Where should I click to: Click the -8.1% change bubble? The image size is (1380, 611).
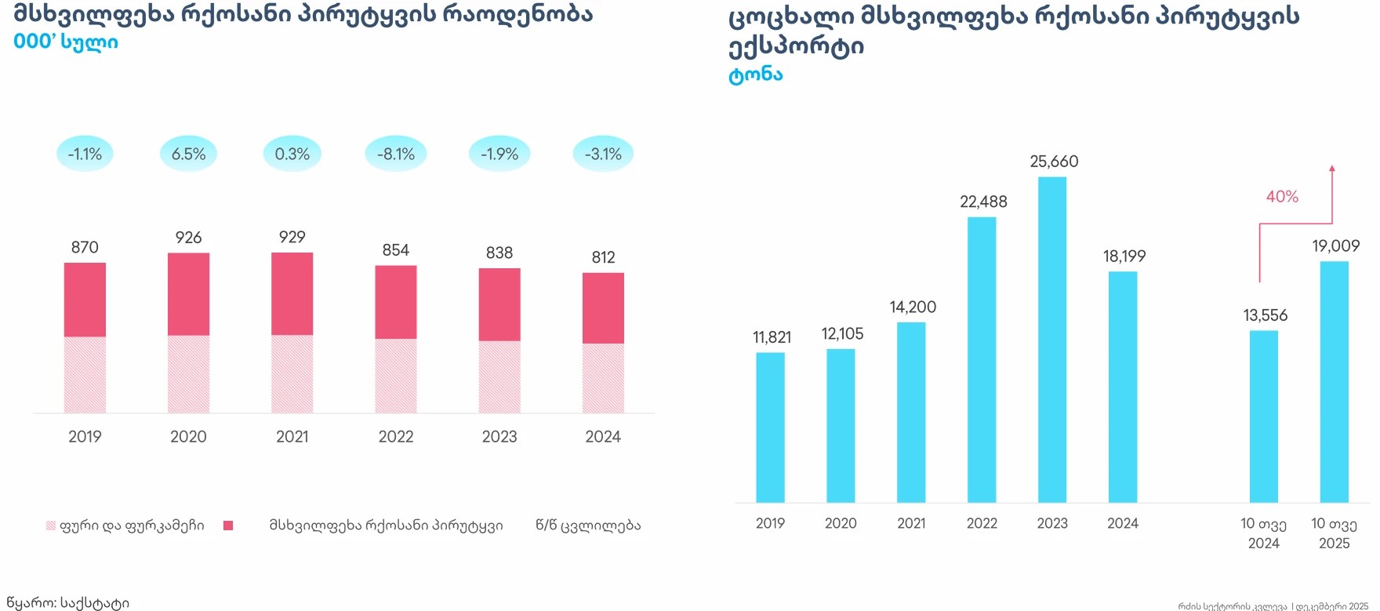click(396, 154)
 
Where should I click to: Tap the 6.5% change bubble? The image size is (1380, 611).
click(188, 154)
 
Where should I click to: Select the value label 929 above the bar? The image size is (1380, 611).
click(292, 237)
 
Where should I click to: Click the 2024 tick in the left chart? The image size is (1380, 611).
click(603, 437)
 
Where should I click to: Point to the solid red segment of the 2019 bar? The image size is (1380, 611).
click(85, 300)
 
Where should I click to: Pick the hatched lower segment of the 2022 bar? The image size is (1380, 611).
click(396, 376)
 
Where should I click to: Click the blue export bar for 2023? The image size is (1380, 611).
click(1052, 340)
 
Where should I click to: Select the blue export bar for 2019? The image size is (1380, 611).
click(770, 427)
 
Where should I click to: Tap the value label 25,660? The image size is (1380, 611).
click(1054, 162)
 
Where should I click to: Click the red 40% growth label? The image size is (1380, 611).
click(1282, 197)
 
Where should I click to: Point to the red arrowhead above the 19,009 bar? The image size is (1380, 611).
click(1331, 168)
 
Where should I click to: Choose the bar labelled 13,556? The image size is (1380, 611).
click(1263, 416)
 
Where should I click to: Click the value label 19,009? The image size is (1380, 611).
click(1335, 246)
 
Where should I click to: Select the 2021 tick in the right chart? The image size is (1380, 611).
click(911, 523)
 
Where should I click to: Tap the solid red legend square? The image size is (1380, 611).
click(228, 526)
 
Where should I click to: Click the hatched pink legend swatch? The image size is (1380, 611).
click(51, 526)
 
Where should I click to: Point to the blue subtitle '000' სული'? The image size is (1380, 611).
click(66, 42)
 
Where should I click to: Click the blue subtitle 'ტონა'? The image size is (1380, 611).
click(755, 75)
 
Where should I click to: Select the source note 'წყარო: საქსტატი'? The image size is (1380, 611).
click(67, 602)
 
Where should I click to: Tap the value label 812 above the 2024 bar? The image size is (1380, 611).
click(603, 257)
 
